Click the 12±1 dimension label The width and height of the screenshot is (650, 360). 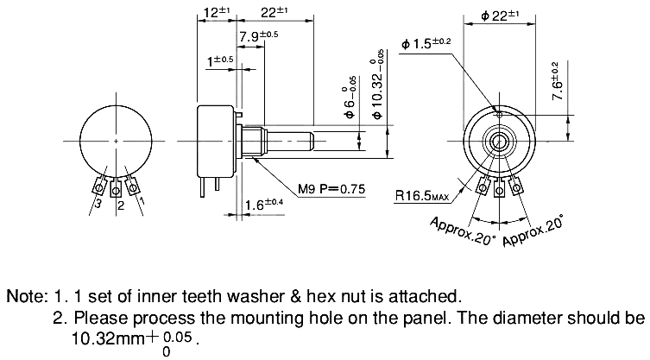[x=212, y=13]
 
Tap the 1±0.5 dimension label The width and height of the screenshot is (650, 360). [x=220, y=60]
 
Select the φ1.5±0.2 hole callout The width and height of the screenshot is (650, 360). [x=426, y=43]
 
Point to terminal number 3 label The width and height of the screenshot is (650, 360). [x=98, y=205]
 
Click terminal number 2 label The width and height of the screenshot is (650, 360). [x=120, y=205]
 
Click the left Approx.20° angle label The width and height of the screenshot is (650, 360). [x=463, y=231]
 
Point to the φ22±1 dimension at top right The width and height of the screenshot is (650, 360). [x=500, y=15]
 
